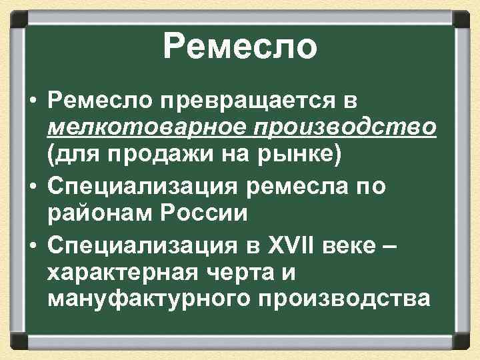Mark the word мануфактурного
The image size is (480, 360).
tap(151, 299)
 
